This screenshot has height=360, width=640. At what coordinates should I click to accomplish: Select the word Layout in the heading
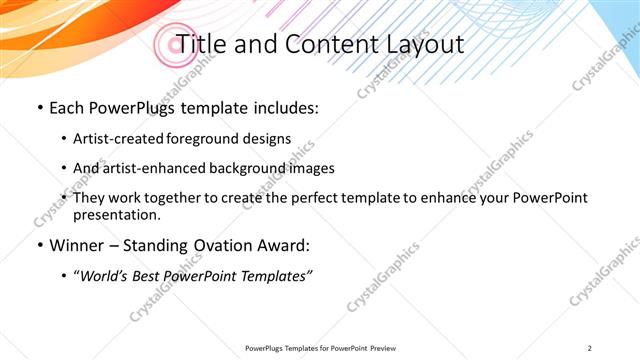(424, 44)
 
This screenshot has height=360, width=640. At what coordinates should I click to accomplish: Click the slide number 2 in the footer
(590, 347)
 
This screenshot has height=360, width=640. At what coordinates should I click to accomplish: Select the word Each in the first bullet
(70, 106)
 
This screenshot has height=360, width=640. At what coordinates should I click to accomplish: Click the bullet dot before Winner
(38, 245)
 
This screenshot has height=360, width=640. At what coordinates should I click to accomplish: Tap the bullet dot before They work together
(64, 198)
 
